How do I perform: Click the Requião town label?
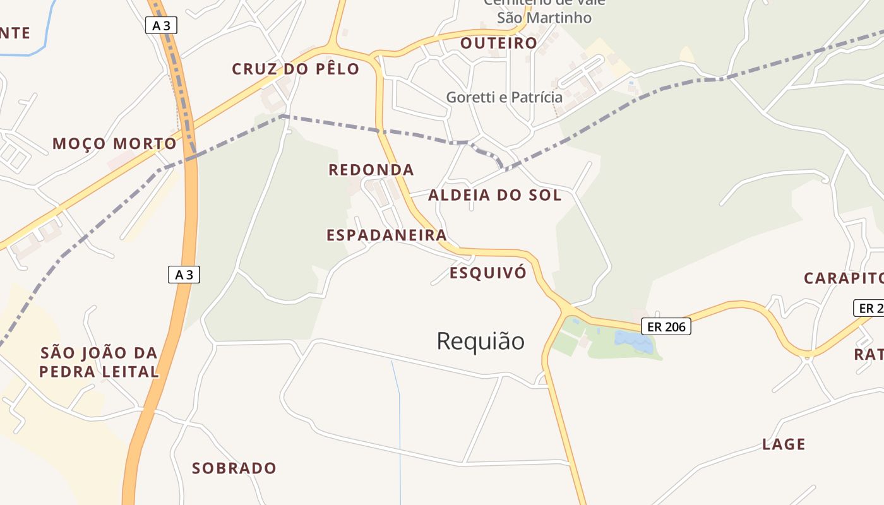(x=481, y=342)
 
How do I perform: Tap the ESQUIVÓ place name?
(x=487, y=273)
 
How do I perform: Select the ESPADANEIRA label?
(x=386, y=235)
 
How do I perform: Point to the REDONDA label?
(x=371, y=170)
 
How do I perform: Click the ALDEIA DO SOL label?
(x=494, y=195)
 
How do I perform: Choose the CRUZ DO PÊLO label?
(x=296, y=69)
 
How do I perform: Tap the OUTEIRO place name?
(x=499, y=43)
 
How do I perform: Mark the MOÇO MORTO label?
(x=114, y=144)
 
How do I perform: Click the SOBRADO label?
(x=234, y=468)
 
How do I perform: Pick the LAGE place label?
(x=784, y=444)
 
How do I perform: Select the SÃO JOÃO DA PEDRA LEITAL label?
(x=99, y=362)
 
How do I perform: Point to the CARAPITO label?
(x=843, y=278)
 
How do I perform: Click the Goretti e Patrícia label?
(x=504, y=97)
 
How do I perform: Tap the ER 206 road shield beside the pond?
(x=666, y=326)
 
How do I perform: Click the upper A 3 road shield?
(x=161, y=25)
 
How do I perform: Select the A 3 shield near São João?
(x=184, y=275)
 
